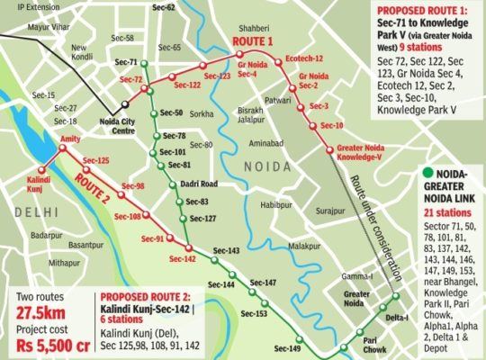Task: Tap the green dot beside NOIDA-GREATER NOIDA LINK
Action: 424,174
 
